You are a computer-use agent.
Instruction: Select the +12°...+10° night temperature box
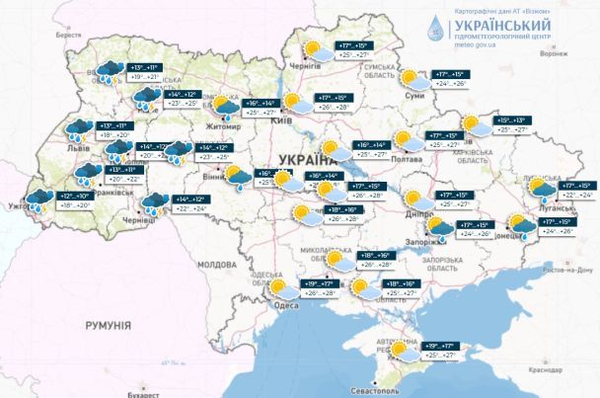tap(78, 197)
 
